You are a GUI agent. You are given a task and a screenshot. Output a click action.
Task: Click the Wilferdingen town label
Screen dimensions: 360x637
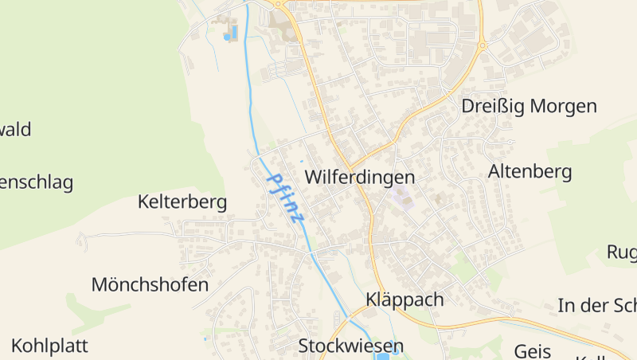click(x=360, y=177)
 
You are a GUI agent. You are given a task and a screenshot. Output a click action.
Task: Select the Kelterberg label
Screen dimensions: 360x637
click(x=182, y=202)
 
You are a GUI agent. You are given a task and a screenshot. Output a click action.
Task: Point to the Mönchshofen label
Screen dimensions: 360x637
click(x=150, y=284)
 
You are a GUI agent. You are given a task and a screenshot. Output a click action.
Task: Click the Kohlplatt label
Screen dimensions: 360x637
click(x=49, y=346)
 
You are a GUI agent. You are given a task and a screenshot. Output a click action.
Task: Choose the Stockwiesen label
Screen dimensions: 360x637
click(x=351, y=346)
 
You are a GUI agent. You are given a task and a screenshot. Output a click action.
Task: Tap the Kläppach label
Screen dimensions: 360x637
click(x=404, y=300)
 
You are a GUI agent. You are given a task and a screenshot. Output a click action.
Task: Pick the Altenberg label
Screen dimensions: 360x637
click(x=530, y=171)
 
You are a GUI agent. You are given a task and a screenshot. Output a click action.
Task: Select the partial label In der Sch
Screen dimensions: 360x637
click(x=596, y=306)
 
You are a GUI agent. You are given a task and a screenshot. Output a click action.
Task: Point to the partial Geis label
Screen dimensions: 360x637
click(x=533, y=351)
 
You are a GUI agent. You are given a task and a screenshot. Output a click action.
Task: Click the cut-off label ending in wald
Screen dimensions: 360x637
click(x=15, y=130)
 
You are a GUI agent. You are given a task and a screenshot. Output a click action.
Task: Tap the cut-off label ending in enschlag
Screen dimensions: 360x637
click(x=36, y=182)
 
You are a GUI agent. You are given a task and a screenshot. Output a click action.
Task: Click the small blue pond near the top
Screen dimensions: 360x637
click(x=230, y=35)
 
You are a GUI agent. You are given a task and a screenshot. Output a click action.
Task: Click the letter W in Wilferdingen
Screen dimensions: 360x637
click(x=315, y=177)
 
